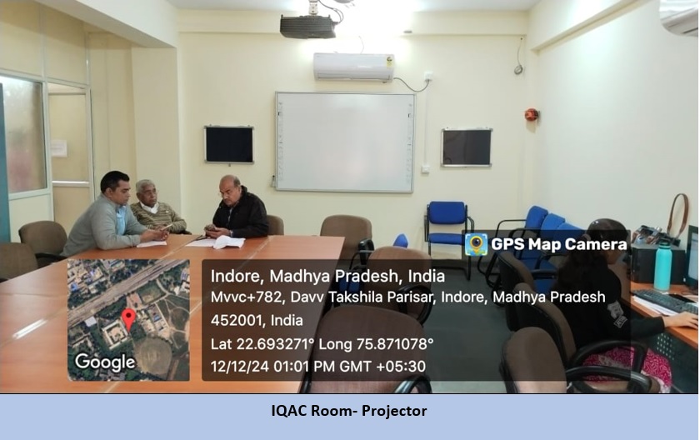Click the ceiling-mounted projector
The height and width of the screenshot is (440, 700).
[308, 26]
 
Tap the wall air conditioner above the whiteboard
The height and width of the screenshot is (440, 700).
[353, 67]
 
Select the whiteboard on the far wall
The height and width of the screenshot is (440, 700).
[345, 142]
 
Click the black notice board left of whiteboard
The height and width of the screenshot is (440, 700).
[229, 144]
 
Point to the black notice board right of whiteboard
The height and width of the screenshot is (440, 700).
[467, 147]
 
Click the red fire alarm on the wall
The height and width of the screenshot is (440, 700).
[532, 114]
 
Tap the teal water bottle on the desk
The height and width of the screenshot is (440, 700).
[662, 265]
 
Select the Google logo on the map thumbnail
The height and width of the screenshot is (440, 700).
[105, 362]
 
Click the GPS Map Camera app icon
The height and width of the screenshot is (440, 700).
[476, 244]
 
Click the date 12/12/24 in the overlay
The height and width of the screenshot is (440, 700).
[240, 367]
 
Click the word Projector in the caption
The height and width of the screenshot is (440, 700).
[394, 411]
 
